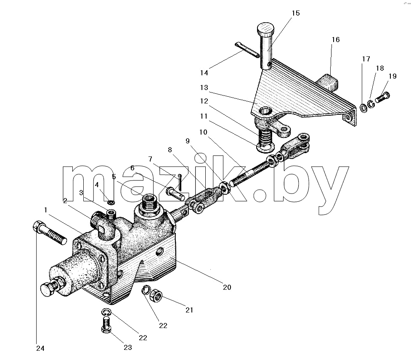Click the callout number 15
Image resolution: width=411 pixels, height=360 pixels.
point(295,13)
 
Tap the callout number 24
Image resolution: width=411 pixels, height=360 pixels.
point(40,348)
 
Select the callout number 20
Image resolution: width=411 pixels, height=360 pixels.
point(227,287)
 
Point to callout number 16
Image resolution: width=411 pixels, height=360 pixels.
point(336,40)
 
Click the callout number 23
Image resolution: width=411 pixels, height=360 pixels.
point(127,347)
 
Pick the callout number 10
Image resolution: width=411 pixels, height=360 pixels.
point(203,132)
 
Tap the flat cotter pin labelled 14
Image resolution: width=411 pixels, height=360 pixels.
point(247,49)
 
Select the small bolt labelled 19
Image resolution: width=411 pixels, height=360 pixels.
point(383,97)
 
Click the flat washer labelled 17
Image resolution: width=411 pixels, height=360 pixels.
point(364,108)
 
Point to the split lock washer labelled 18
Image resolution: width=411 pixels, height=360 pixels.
point(371,104)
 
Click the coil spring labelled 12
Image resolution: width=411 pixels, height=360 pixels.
point(265,136)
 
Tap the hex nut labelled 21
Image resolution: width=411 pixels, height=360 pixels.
point(156,296)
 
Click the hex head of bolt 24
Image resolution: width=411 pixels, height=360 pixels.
point(37,227)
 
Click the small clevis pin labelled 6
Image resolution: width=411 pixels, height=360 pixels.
point(175,193)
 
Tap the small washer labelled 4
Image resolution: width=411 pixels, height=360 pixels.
point(111,202)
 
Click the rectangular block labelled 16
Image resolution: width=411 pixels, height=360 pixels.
point(328,82)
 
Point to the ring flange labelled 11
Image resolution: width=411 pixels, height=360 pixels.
point(265,148)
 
